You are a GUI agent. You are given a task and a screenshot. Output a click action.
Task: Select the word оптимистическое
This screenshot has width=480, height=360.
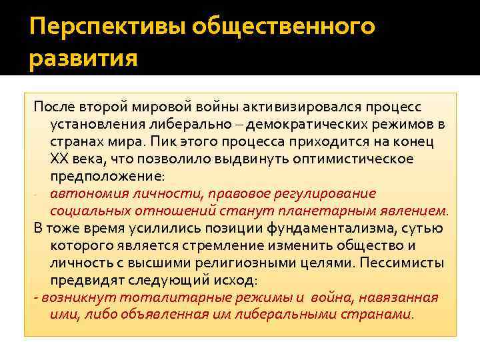[353, 159]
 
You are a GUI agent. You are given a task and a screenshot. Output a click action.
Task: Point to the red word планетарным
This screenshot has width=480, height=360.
[351, 211]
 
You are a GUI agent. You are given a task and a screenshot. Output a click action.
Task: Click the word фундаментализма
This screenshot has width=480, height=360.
[357, 229]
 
